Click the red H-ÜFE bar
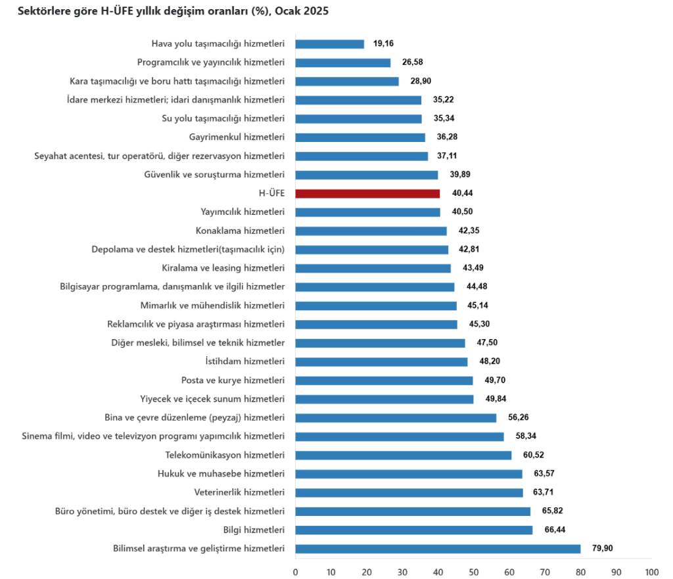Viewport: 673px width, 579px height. [x=367, y=193]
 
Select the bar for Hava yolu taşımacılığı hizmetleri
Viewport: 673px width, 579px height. [x=329, y=44]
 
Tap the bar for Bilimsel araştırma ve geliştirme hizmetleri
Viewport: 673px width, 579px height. [x=438, y=549]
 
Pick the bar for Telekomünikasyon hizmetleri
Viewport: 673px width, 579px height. [x=403, y=455]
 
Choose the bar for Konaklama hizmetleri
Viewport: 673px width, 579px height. [x=371, y=231]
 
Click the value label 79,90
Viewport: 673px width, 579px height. [x=601, y=549]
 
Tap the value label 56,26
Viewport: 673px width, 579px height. [x=518, y=417]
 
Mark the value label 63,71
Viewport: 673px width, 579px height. [x=544, y=492]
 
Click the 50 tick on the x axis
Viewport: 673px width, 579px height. [x=474, y=571]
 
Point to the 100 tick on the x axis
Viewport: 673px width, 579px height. [x=651, y=571]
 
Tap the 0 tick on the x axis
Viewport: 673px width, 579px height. [x=296, y=571]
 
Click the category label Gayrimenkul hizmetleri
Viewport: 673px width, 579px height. [x=237, y=137]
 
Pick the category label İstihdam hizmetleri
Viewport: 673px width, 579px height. [x=245, y=361]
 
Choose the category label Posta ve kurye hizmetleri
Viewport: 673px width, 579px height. [x=233, y=380]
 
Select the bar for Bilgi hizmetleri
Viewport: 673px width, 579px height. [x=414, y=530]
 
